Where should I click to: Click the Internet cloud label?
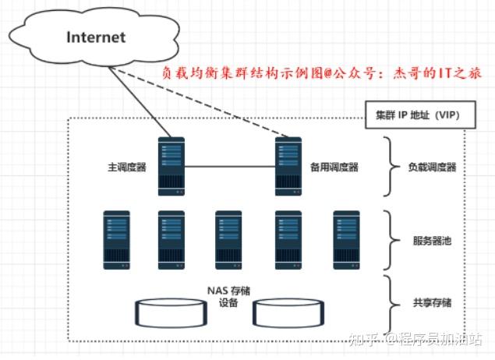(96, 37)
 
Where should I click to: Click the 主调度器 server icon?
(171, 167)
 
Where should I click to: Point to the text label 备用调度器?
(334, 168)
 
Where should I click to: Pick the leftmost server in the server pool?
(115, 240)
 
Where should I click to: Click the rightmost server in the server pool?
(346, 240)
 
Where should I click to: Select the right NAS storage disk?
(288, 313)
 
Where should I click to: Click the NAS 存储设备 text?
(228, 297)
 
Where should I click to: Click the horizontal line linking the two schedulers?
(230, 165)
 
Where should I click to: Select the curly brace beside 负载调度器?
(390, 167)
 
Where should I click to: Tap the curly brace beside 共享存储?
(390, 302)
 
